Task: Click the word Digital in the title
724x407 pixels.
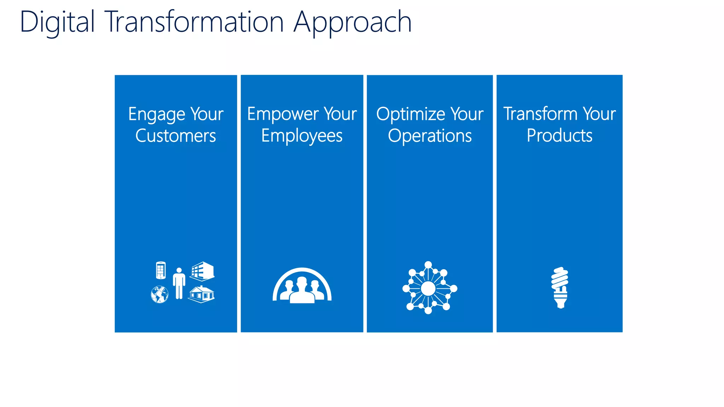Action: tap(57, 23)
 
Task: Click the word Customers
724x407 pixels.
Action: tap(176, 136)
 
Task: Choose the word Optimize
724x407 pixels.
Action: tap(410, 115)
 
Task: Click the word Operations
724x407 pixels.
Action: tap(430, 136)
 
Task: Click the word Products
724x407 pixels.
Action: tap(559, 136)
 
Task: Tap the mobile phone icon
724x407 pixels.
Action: tap(160, 270)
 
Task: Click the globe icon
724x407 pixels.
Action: tap(159, 294)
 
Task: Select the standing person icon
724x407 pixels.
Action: tap(179, 283)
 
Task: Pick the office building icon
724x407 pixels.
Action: tap(202, 271)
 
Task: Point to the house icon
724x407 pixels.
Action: tap(201, 294)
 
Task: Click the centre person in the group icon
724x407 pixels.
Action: tap(302, 290)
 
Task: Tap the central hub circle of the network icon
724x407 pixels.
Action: tap(428, 289)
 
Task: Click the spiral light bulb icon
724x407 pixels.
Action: tap(560, 287)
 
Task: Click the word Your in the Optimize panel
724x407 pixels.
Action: tap(467, 114)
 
